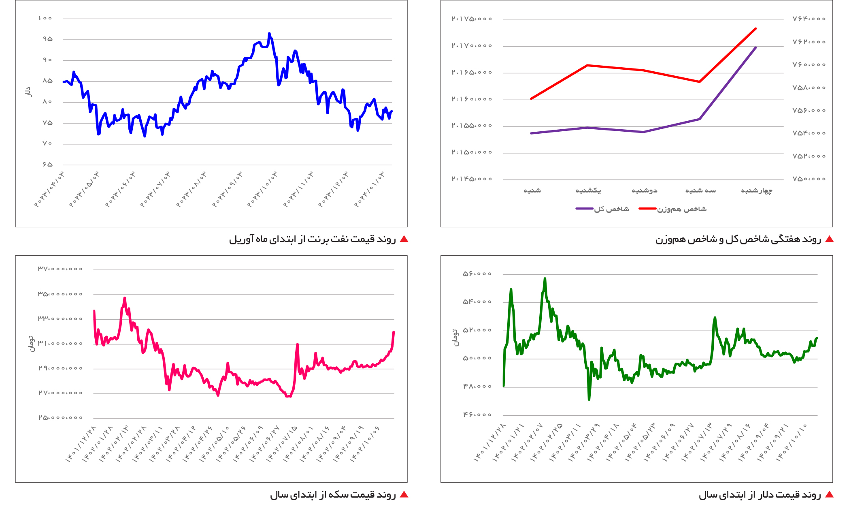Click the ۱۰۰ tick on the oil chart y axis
pyautogui.click(x=45, y=18)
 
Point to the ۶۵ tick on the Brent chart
pyautogui.click(x=47, y=165)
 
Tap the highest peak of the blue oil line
pyautogui.click(x=269, y=34)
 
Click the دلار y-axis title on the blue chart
pyautogui.click(x=28, y=92)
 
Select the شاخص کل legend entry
pyautogui.click(x=602, y=209)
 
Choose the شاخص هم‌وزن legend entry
pyautogui.click(x=672, y=209)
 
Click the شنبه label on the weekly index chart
pyautogui.click(x=532, y=190)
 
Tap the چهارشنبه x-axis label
pyautogui.click(x=756, y=190)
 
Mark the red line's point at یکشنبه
pyautogui.click(x=587, y=65)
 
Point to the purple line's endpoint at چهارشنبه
pyautogui.click(x=755, y=48)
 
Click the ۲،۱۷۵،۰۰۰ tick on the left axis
pyautogui.click(x=472, y=19)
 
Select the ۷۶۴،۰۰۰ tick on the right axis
pyautogui.click(x=809, y=19)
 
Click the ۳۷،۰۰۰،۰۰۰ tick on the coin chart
pyautogui.click(x=60, y=269)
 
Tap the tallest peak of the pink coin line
pyautogui.click(x=125, y=298)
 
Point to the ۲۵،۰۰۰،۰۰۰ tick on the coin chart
pyautogui.click(x=60, y=417)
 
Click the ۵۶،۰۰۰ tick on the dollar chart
pyautogui.click(x=477, y=274)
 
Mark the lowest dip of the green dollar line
pyautogui.click(x=589, y=400)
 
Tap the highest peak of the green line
pyautogui.click(x=545, y=278)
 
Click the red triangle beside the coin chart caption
pyautogui.click(x=404, y=494)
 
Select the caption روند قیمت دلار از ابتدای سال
pyautogui.click(x=760, y=495)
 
